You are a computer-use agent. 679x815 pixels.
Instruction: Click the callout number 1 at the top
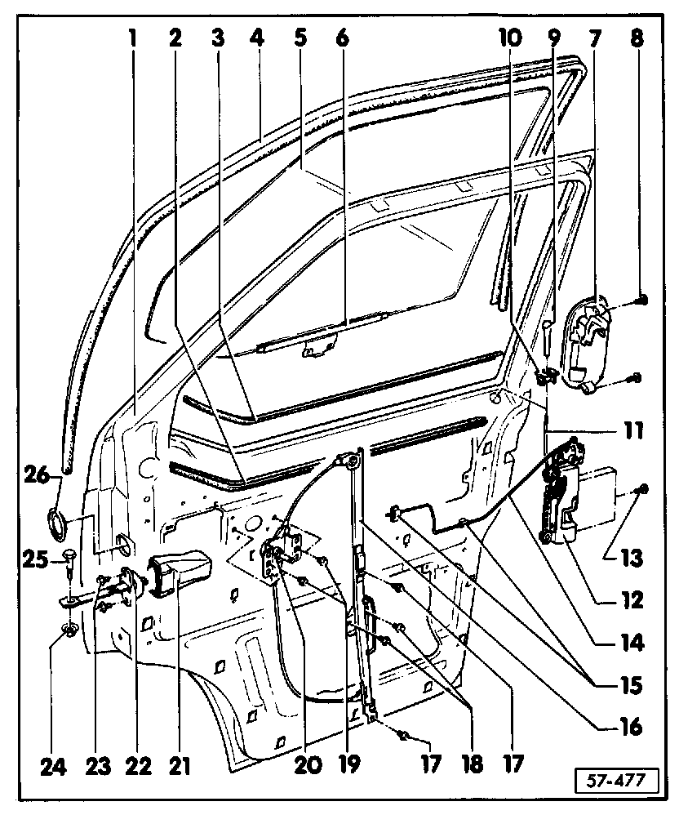pyautogui.click(x=133, y=38)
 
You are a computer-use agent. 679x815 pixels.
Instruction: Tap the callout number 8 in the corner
pyautogui.click(x=637, y=38)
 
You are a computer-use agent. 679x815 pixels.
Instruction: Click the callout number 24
pyautogui.click(x=54, y=767)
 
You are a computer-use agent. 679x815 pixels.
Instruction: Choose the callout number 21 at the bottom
pyautogui.click(x=180, y=767)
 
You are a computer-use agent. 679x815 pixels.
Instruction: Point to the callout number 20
pyautogui.click(x=308, y=765)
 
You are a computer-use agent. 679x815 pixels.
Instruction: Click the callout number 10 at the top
pyautogui.click(x=511, y=38)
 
